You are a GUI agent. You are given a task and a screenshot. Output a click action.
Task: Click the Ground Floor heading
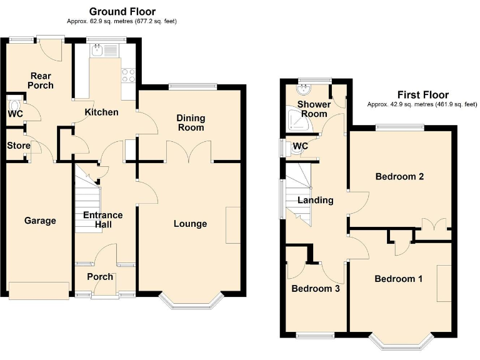122,11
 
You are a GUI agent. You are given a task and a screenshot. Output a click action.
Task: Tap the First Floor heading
422,95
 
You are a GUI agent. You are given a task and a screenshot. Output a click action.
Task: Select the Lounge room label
191,224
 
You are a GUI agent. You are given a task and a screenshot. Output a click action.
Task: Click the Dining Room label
191,122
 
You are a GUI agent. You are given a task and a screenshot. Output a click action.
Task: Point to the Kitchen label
101,112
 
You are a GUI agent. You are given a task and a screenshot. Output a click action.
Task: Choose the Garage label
40,221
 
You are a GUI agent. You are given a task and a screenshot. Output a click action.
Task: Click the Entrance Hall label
103,220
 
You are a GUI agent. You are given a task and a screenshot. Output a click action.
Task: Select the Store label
19,146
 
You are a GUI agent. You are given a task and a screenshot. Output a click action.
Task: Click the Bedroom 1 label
398,279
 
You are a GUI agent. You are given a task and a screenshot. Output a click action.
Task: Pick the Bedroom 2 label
399,177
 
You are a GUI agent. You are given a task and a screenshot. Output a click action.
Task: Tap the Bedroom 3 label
316,289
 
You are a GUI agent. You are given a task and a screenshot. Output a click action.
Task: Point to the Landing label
316,201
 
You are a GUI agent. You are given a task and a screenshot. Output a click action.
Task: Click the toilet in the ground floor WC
14,102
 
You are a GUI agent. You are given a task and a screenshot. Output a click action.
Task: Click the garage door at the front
39,290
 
